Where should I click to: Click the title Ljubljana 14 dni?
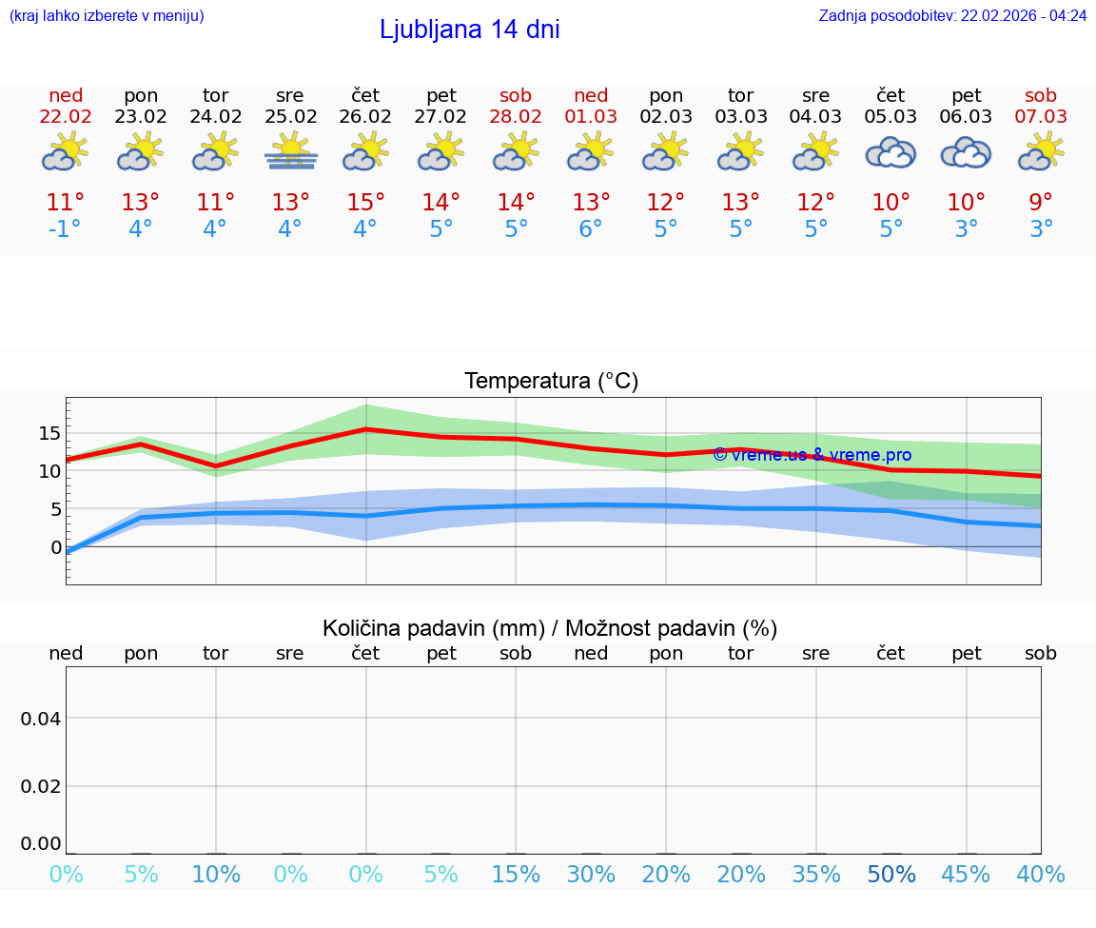[469, 30]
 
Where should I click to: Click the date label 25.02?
[290, 116]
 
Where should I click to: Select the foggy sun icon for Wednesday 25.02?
[291, 152]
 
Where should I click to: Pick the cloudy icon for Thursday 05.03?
[890, 152]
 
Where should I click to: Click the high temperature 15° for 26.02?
[365, 203]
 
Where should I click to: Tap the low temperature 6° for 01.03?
[591, 229]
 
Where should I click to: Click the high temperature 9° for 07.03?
[1041, 203]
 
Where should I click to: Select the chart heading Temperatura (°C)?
[551, 382]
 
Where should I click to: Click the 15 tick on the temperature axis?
[49, 433]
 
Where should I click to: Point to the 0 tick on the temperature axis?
[56, 547]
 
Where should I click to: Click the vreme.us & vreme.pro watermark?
[812, 455]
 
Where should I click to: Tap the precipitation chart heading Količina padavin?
[550, 628]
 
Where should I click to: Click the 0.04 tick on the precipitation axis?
[41, 719]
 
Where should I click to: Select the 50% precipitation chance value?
[890, 875]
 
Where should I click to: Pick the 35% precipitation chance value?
[816, 875]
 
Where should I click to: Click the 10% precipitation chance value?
[216, 875]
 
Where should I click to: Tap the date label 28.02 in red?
[516, 116]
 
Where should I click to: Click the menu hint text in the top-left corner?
[107, 15]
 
